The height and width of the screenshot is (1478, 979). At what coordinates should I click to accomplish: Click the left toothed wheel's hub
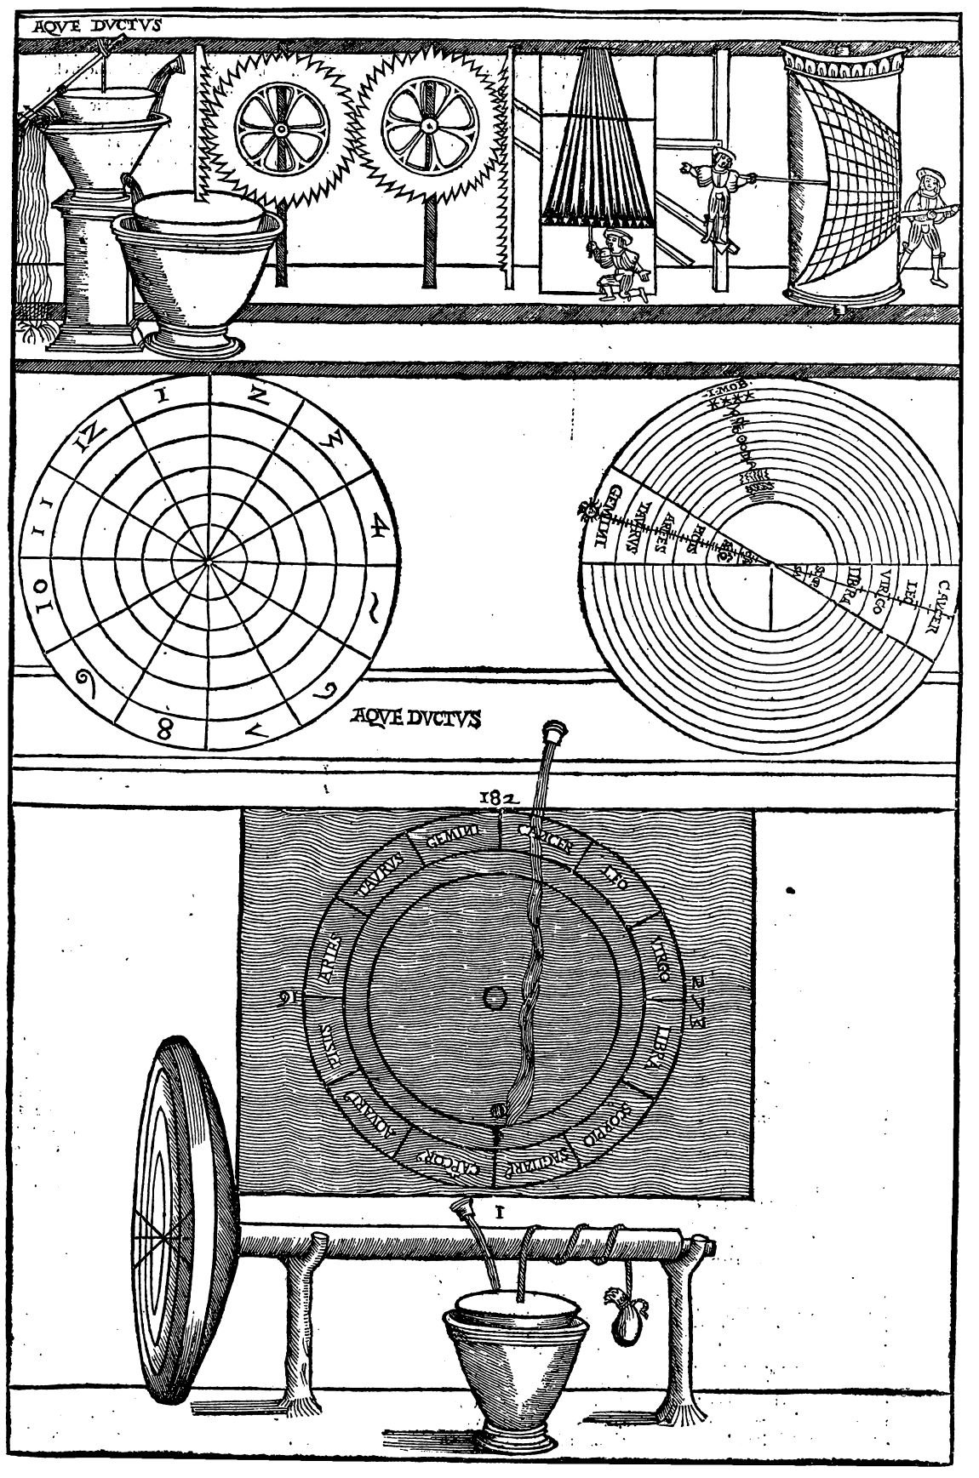pyautogui.click(x=278, y=128)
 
